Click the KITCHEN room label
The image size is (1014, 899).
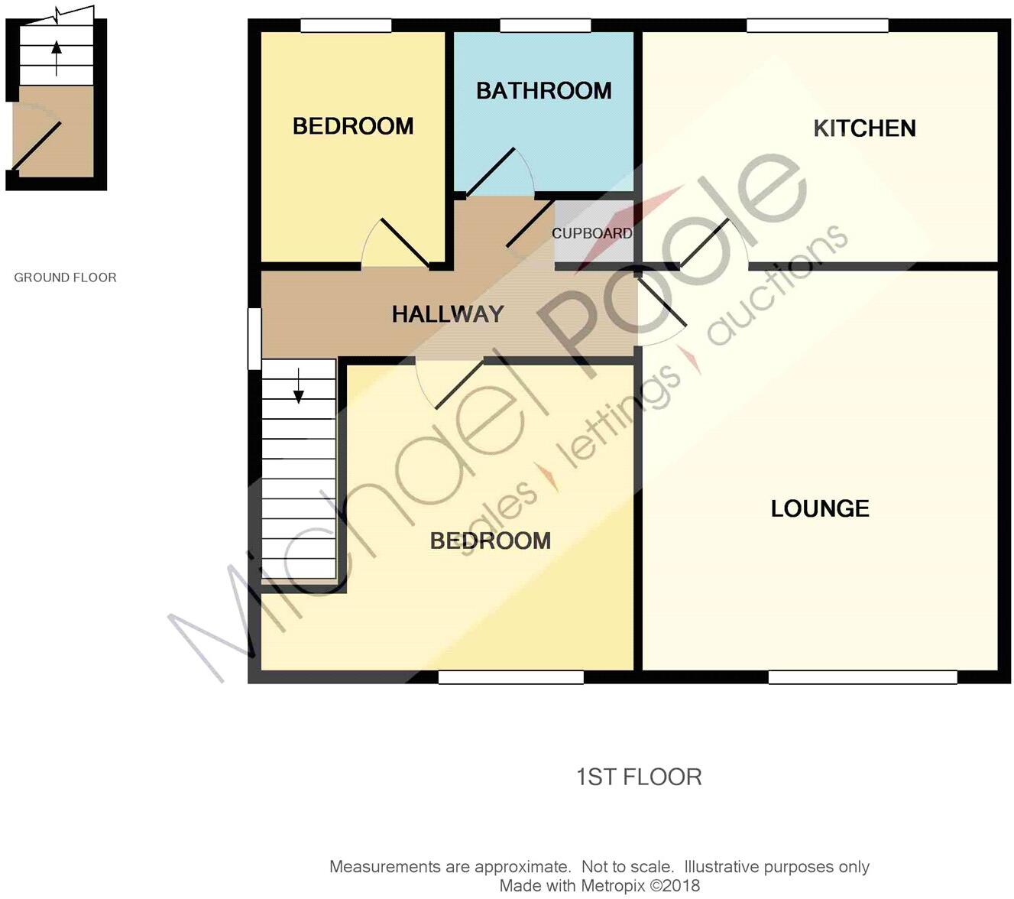[864, 128]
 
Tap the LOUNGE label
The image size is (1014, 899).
[819, 508]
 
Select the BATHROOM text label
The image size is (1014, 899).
[543, 91]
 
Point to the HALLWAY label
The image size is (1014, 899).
[448, 314]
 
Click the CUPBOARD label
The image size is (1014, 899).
[592, 233]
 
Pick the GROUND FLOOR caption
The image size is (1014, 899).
[66, 277]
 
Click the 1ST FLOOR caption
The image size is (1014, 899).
[639, 777]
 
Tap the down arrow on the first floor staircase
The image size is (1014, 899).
[299, 387]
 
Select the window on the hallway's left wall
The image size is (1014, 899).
[254, 339]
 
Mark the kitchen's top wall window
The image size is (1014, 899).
[817, 26]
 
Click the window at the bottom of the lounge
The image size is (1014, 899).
[862, 677]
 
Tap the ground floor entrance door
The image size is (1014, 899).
[36, 146]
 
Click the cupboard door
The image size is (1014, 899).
[530, 224]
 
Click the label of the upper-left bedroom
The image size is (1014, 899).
[352, 126]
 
